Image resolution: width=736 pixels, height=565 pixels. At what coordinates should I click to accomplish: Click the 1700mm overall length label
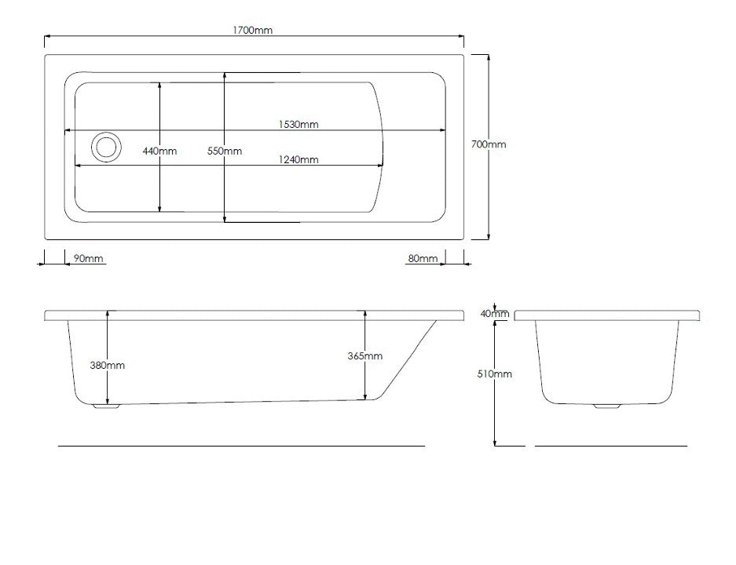252,30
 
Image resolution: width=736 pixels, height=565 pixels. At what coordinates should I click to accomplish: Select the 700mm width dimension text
489,144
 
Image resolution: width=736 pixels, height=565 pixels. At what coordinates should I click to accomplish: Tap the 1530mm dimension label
298,124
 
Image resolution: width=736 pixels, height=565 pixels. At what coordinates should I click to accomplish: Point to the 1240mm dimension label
298,159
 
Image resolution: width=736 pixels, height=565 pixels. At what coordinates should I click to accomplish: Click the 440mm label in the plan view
159,151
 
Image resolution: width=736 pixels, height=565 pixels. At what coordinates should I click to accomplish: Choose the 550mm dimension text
225,151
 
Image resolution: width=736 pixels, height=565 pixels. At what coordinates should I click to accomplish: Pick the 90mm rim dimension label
88,258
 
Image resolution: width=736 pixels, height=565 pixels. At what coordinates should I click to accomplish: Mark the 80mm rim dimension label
423,258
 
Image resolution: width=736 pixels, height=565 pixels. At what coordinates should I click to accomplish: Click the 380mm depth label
108,365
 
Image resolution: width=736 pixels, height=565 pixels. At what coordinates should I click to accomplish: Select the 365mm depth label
365,356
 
